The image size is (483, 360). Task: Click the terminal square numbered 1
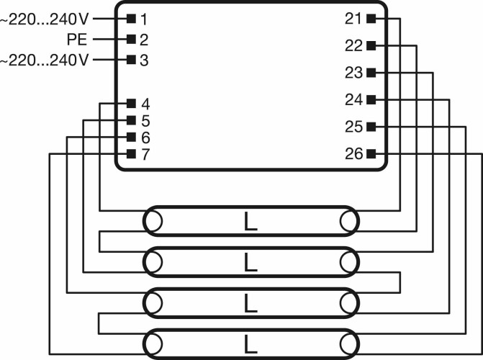click(131, 19)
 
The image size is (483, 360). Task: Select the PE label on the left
click(77, 40)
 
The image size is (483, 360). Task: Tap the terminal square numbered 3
click(131, 60)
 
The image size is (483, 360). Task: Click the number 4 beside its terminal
click(145, 104)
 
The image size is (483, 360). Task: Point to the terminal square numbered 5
click(131, 120)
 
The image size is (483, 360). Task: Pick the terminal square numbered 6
click(131, 137)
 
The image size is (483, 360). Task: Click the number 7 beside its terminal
click(145, 154)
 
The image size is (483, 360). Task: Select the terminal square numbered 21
click(371, 19)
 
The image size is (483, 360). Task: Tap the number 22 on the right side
click(353, 46)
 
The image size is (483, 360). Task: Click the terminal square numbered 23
click(371, 73)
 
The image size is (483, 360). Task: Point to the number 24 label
click(353, 100)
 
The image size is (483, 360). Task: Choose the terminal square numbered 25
click(371, 127)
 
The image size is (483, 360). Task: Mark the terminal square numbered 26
click(371, 153)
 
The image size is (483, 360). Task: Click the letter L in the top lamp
click(250, 221)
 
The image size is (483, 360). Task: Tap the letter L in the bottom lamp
click(250, 344)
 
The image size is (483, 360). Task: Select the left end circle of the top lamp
click(153, 221)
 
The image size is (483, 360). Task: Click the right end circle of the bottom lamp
click(349, 344)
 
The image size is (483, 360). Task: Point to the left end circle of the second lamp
click(153, 262)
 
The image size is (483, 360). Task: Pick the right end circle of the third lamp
click(349, 303)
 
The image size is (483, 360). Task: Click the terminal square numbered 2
click(131, 39)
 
